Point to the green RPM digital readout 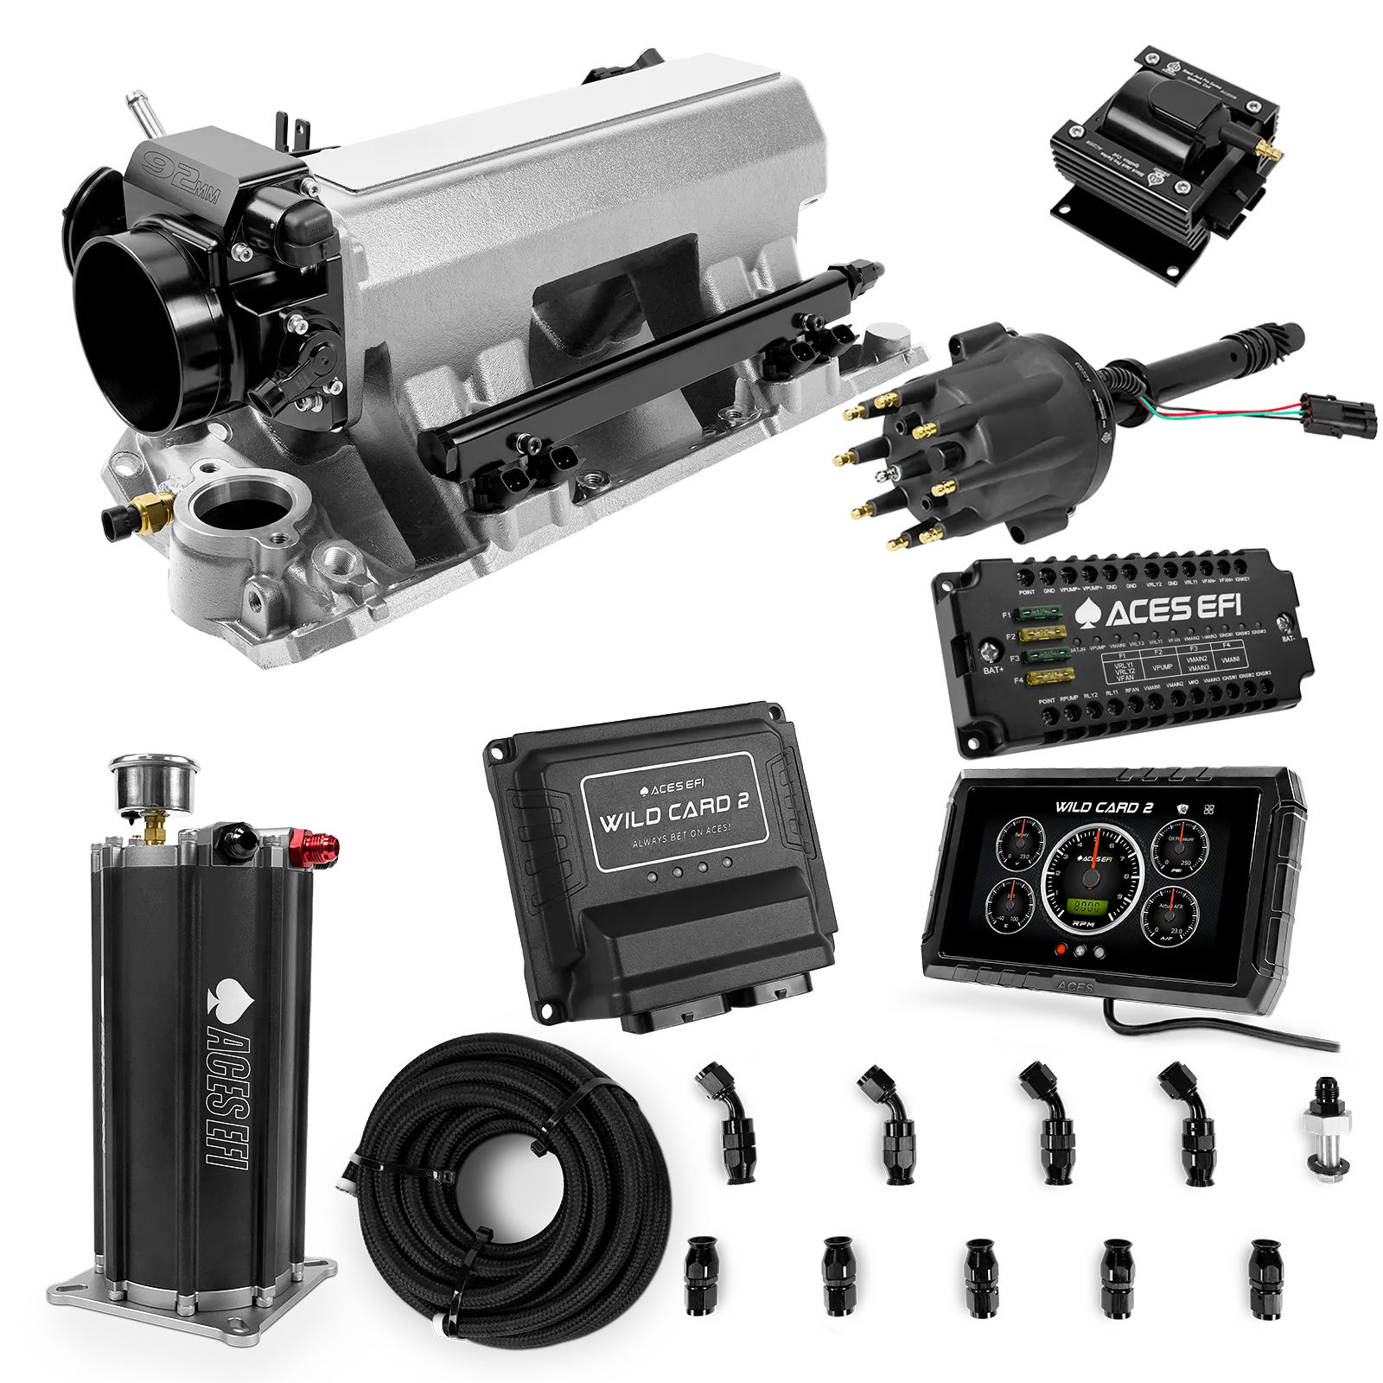pos(1087,908)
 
